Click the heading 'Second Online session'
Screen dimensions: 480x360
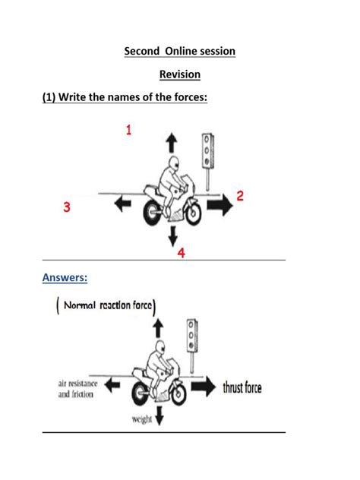180,51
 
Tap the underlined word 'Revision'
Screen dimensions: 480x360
180,74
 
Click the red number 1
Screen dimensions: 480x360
128,131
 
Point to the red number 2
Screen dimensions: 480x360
240,196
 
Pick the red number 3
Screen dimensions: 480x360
68,207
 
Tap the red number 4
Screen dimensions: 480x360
181,253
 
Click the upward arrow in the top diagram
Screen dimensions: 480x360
170,144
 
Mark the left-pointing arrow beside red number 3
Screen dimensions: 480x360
121,203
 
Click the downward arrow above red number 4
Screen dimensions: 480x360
172,234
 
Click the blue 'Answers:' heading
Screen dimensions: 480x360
65,278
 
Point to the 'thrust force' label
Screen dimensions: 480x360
242,388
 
